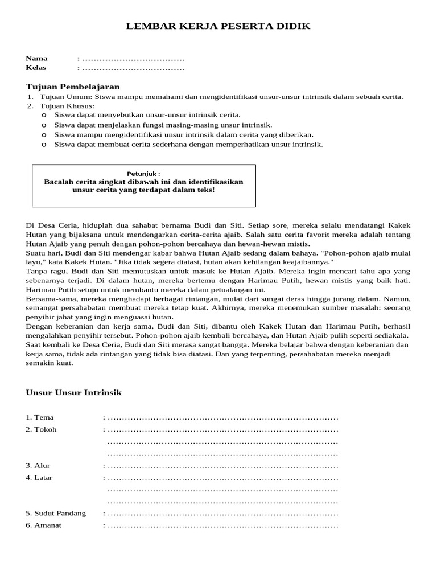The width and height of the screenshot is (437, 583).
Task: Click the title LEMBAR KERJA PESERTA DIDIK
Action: coord(218,27)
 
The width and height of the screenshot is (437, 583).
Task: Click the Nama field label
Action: coord(36,58)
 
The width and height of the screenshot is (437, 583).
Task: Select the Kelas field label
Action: coord(36,67)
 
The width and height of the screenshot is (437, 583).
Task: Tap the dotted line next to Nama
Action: coord(133,59)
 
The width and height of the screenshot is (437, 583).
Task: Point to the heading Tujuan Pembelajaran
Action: coord(73,87)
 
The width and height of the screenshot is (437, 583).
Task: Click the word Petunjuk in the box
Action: coord(143,173)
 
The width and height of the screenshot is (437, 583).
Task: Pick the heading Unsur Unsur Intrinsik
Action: coord(74,393)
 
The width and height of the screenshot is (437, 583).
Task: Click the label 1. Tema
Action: coord(40,417)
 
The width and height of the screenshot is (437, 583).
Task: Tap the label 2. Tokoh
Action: coord(42,429)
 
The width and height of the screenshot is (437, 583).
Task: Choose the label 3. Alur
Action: coord(38,465)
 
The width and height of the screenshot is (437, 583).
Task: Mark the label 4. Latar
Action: coord(39,477)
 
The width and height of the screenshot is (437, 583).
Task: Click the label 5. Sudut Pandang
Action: coord(56,513)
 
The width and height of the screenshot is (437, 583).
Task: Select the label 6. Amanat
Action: coord(43,525)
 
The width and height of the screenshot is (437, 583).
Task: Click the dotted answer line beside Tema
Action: coord(222,418)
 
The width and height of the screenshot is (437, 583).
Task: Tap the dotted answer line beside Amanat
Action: coord(222,525)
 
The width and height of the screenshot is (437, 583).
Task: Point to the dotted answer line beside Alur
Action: coord(222,466)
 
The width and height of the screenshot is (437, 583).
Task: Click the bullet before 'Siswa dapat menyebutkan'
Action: coord(44,115)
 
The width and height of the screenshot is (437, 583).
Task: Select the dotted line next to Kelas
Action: coord(133,68)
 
